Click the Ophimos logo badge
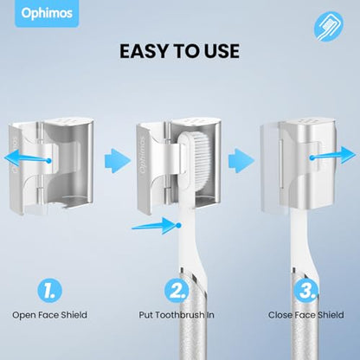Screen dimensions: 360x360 tap(47, 13)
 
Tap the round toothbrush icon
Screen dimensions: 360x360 tap(329, 26)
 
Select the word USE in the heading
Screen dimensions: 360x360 tap(222, 51)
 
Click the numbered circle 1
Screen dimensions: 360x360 tap(49, 291)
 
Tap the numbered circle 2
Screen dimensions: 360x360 tap(177, 291)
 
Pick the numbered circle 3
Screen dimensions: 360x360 tap(305, 291)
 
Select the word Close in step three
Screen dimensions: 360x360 tap(280, 315)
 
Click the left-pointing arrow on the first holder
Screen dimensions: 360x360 tap(28, 158)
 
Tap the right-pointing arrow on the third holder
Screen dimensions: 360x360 tap(332, 155)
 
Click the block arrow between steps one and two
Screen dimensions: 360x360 tap(118, 161)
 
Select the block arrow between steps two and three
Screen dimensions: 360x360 tap(241, 161)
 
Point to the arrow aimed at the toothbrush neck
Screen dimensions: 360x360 tap(157, 226)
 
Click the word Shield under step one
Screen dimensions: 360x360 tap(74, 315)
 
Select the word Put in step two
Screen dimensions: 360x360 tap(145, 315)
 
